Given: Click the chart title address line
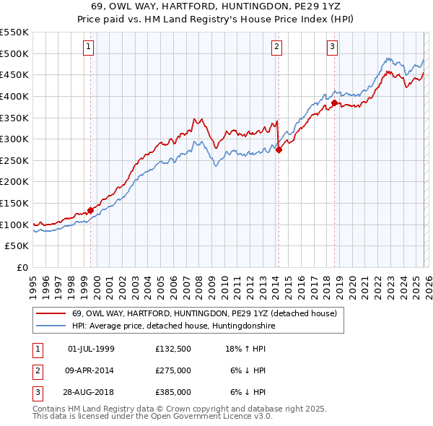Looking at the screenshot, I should (216, 6).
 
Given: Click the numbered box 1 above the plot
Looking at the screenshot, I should (88, 48).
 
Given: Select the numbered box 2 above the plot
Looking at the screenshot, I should (276, 48).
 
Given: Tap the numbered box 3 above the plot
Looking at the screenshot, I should (333, 48).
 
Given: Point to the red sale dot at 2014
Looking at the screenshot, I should (279, 150).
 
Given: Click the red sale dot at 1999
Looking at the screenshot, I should (91, 211).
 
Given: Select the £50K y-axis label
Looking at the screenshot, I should (17, 246).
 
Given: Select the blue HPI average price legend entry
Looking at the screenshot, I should (173, 326).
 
